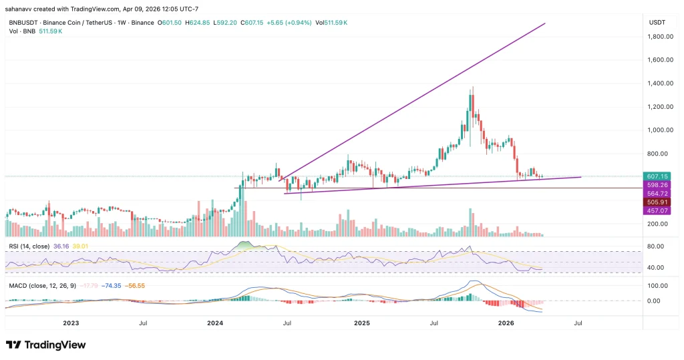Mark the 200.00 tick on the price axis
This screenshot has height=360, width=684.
tap(659, 224)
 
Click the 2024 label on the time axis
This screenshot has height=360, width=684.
tap(215, 323)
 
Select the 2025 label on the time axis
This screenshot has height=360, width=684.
tap(361, 323)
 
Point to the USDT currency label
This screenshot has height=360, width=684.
tap(657, 22)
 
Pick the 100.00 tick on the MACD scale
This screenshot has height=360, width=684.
tap(657, 285)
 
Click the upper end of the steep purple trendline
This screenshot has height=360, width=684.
tap(545, 23)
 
